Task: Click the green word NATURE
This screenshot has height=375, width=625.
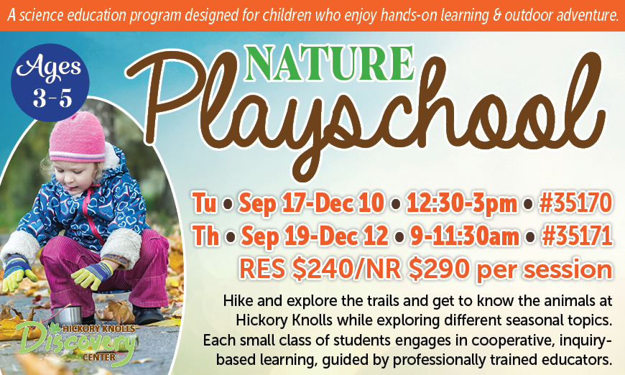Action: tap(330, 63)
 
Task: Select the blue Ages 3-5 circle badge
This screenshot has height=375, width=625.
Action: tap(50, 83)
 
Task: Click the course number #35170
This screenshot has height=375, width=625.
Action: tap(575, 203)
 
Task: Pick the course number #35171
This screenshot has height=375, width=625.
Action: tap(577, 236)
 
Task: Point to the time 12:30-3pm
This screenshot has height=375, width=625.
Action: tap(461, 203)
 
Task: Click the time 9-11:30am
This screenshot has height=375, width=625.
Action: tap(465, 236)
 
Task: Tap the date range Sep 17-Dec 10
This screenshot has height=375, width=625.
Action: tap(311, 203)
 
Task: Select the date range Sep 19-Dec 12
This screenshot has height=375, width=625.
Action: tap(315, 236)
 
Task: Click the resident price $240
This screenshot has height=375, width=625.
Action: tap(320, 269)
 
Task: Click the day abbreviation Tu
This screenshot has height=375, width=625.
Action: tap(205, 203)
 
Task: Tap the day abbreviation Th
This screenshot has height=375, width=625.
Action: tap(205, 236)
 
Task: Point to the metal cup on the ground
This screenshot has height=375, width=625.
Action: tap(68, 315)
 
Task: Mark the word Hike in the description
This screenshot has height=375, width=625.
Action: tap(238, 301)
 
